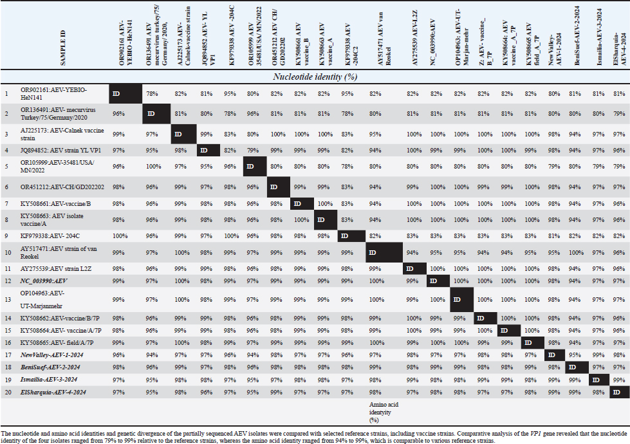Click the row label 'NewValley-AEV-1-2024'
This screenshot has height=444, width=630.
53,355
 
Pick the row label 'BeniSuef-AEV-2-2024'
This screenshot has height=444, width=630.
52,367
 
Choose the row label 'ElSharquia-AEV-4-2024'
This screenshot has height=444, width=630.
53,392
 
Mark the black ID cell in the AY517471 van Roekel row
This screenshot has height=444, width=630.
378,250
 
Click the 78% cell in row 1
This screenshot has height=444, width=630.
151,94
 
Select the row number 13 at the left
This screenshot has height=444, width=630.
6,300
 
